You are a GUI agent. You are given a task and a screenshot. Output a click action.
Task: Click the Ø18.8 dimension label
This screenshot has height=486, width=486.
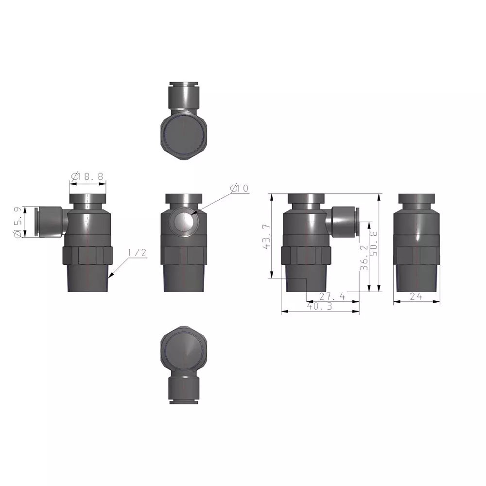[87, 176]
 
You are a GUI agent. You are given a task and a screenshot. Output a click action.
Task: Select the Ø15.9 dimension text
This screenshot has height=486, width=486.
[18, 223]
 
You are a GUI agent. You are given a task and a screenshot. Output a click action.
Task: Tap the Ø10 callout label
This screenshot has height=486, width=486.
[239, 188]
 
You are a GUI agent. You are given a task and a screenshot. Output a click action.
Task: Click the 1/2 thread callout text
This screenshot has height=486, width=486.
[137, 253]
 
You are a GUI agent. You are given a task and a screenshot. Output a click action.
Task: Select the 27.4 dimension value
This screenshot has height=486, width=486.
[332, 296]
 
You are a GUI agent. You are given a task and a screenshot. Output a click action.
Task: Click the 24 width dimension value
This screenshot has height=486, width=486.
[416, 296]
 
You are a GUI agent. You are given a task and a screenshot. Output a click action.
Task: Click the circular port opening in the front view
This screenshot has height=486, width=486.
[185, 222]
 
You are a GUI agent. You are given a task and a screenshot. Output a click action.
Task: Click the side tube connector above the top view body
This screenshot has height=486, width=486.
[184, 96]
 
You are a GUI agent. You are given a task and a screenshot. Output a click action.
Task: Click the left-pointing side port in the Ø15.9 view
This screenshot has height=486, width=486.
[50, 222]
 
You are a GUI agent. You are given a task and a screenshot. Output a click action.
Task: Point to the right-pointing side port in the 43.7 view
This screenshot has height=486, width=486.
[345, 222]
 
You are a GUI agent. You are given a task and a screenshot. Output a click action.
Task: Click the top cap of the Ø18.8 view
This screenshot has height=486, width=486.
[87, 199]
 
